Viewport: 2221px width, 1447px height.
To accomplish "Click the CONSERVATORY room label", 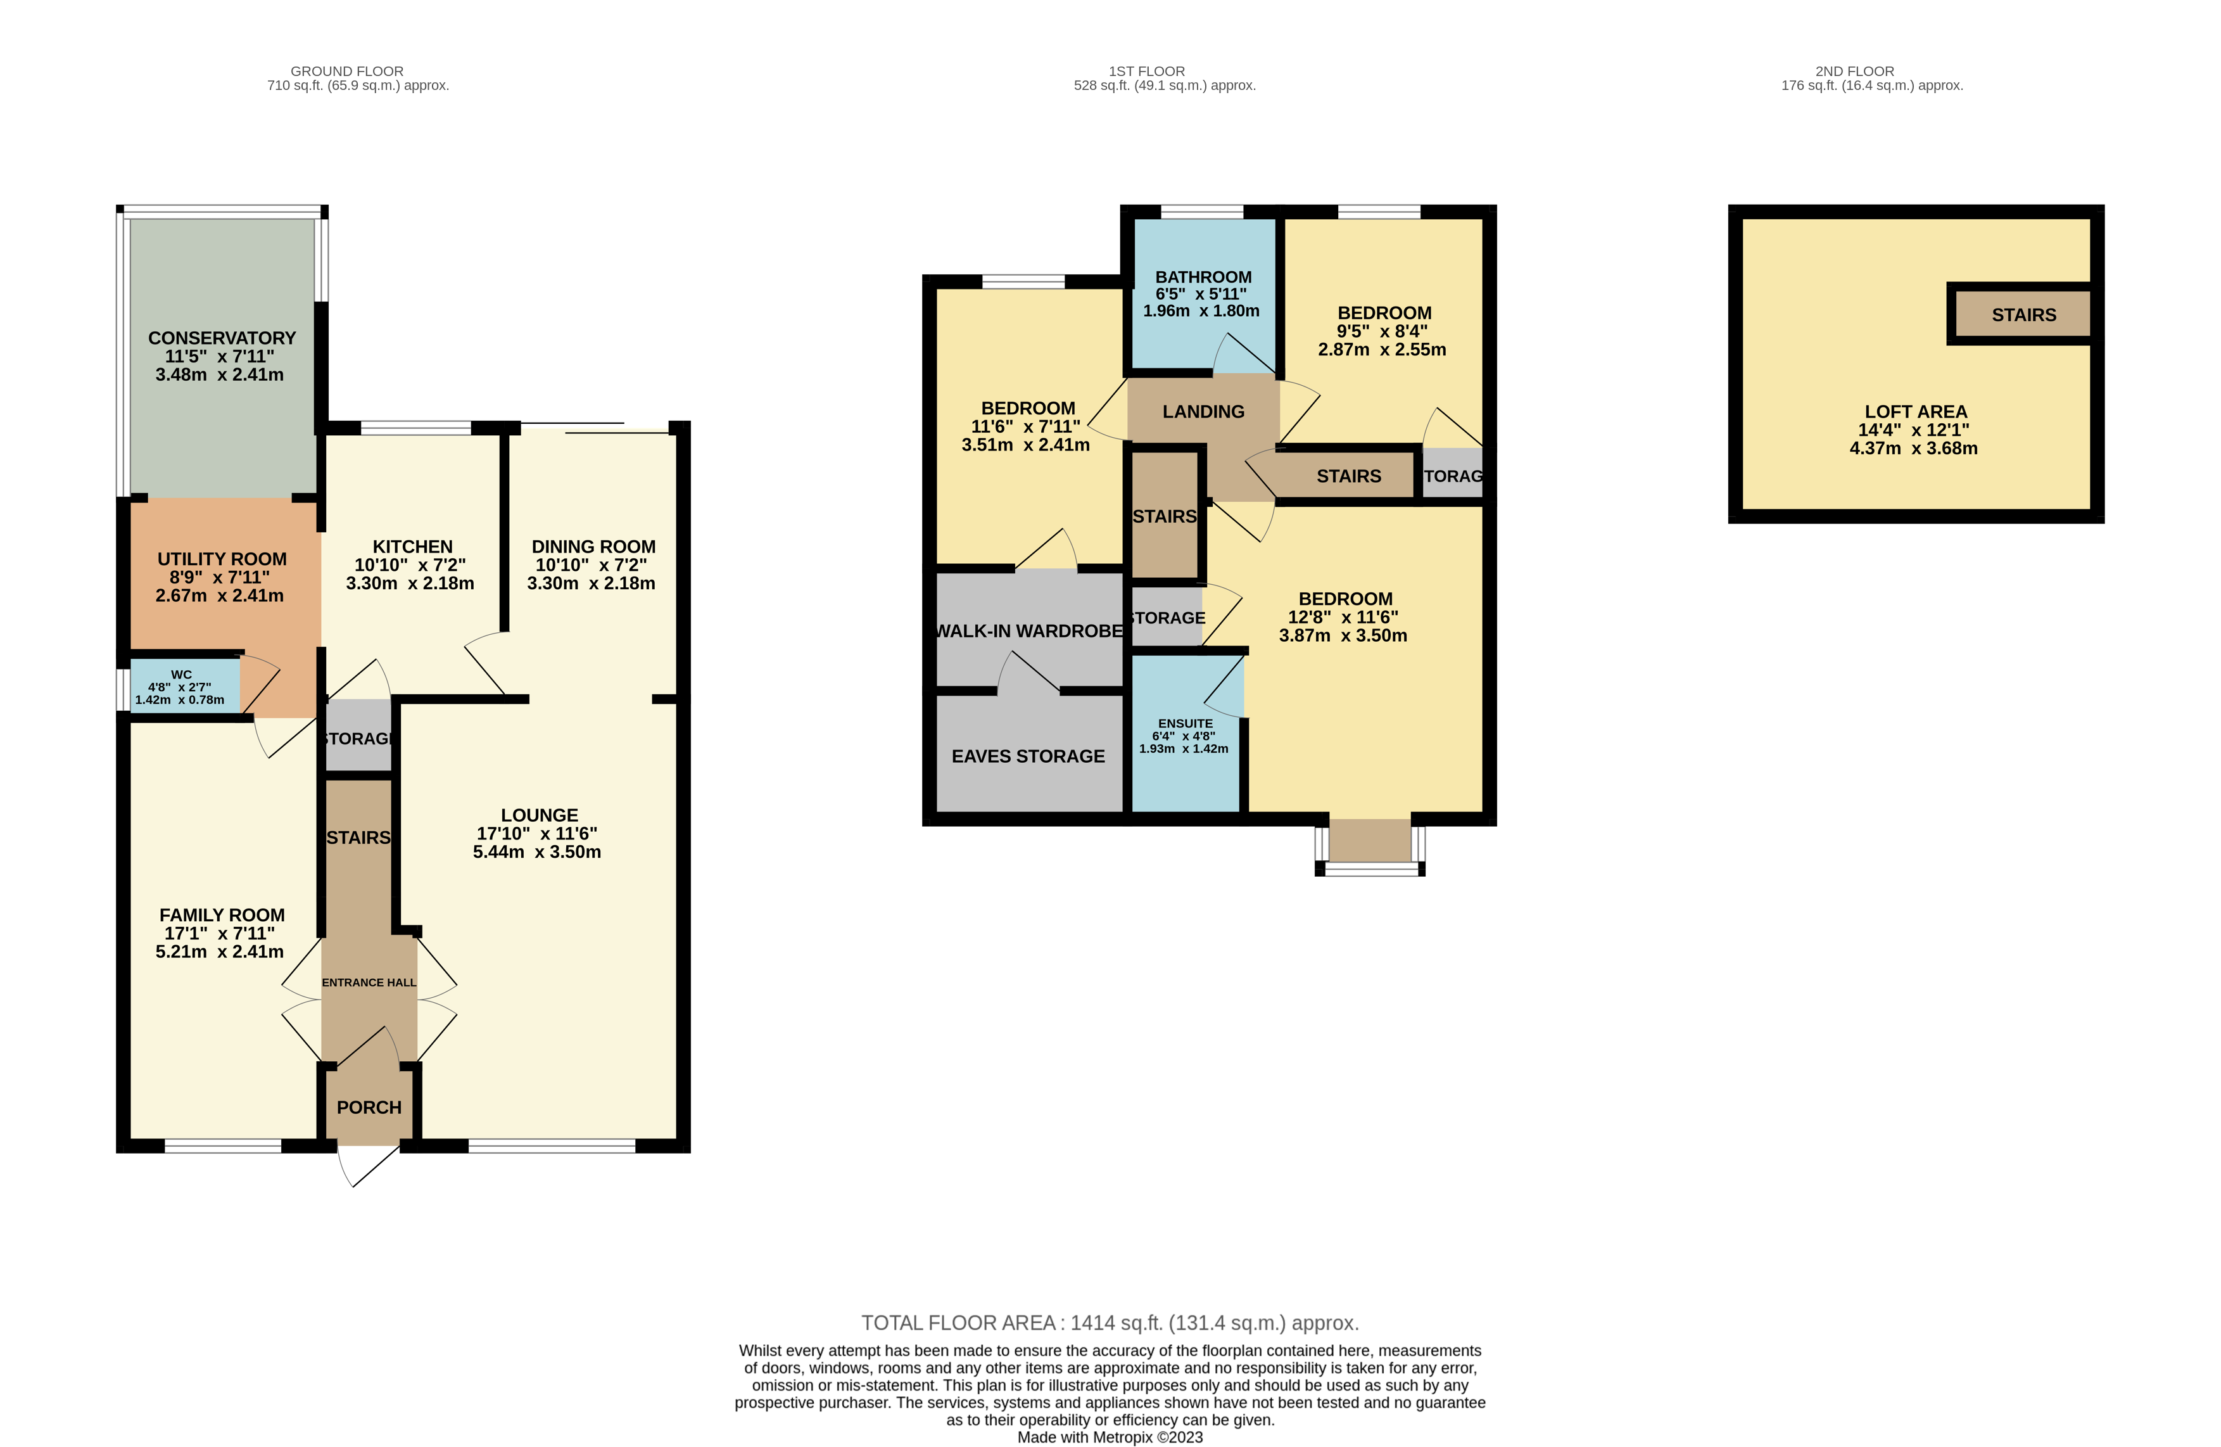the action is tap(222, 338).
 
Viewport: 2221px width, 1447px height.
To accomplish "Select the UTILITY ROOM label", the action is tap(222, 559).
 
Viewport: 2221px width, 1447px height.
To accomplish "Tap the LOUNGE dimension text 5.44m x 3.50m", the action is tap(538, 851).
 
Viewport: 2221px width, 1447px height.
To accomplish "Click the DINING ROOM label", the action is tap(593, 547).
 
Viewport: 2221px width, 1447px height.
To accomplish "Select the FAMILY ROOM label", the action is tap(222, 915).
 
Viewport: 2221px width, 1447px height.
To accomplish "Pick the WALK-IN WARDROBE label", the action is tap(1029, 631).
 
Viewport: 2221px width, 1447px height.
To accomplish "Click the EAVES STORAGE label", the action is tap(1028, 756).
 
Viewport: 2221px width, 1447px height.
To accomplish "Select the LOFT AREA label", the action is tap(1916, 412).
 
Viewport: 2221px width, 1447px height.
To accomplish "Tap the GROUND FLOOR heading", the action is tap(347, 71).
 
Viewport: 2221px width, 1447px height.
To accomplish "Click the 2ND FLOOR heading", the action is tap(1855, 71).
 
